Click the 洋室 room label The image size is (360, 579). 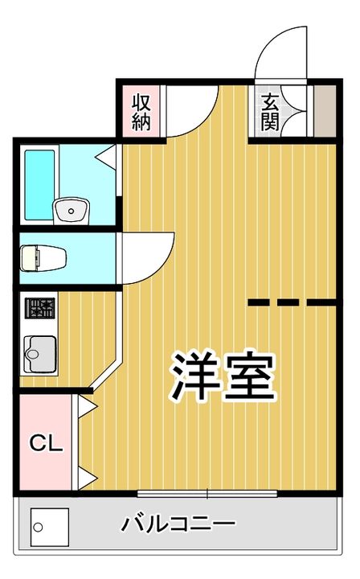223,376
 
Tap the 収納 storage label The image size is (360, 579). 141,113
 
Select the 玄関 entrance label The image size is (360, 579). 270,113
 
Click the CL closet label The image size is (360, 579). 46,443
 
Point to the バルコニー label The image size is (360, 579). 178,524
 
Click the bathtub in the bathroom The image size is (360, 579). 39,184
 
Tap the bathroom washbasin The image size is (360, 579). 72,211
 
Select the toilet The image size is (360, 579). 43,258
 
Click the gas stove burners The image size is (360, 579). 40,308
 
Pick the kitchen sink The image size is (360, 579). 40,354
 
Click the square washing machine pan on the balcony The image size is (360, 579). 50,527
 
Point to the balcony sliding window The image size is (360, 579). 207,493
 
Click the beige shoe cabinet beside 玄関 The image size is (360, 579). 325,111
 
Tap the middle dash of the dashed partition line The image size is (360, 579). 288,302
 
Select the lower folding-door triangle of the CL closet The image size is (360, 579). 87,478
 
